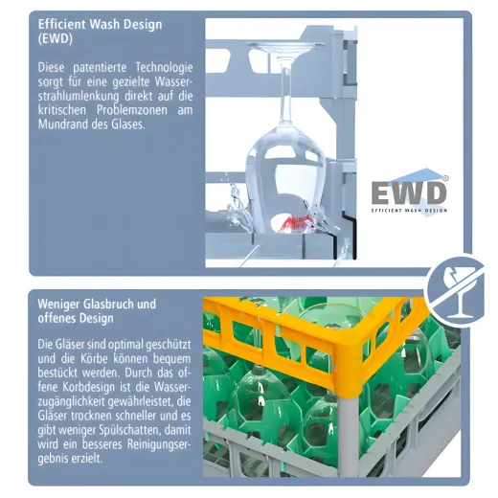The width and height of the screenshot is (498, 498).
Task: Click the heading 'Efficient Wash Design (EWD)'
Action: [100, 32]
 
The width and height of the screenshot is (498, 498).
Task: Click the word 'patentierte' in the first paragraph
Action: [100, 68]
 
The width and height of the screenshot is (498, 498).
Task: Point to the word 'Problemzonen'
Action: [132, 110]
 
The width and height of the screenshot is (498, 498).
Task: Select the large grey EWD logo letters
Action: [409, 192]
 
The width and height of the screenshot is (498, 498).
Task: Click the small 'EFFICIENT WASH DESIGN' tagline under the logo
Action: [409, 211]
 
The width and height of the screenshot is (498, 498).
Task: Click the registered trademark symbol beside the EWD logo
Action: [445, 178]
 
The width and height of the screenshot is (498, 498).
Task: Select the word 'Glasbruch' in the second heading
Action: [108, 304]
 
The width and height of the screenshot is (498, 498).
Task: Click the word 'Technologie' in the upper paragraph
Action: [164, 68]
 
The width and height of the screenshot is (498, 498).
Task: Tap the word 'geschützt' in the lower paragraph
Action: [169, 345]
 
